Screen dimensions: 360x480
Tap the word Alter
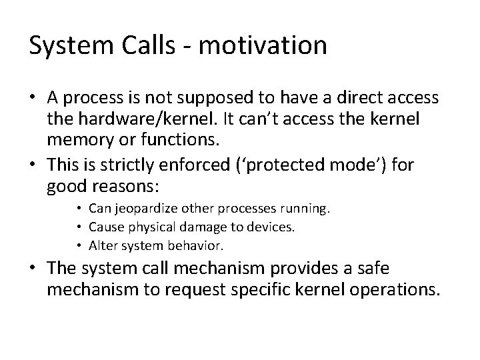click(x=104, y=245)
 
